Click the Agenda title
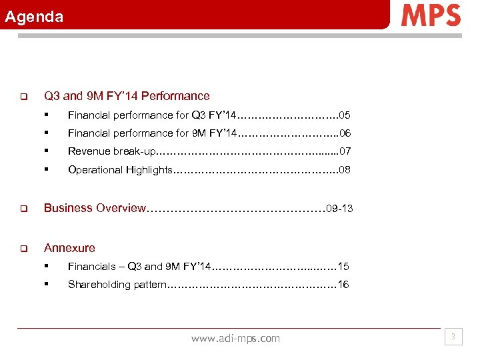pos(34,17)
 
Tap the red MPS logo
pos(431,15)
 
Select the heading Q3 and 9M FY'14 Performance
pos(127,96)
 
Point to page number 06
pos(345,133)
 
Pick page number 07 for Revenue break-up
pos(345,151)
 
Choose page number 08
pos(345,170)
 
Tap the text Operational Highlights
pos(120,170)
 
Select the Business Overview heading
pos(94,208)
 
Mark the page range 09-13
pos(339,209)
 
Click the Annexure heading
pos(69,248)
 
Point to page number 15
pos(343,267)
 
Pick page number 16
pos(343,285)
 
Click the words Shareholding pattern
pos(117,285)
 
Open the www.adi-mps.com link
pos(235,339)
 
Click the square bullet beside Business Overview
pos(21,209)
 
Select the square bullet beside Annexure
pos(21,249)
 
